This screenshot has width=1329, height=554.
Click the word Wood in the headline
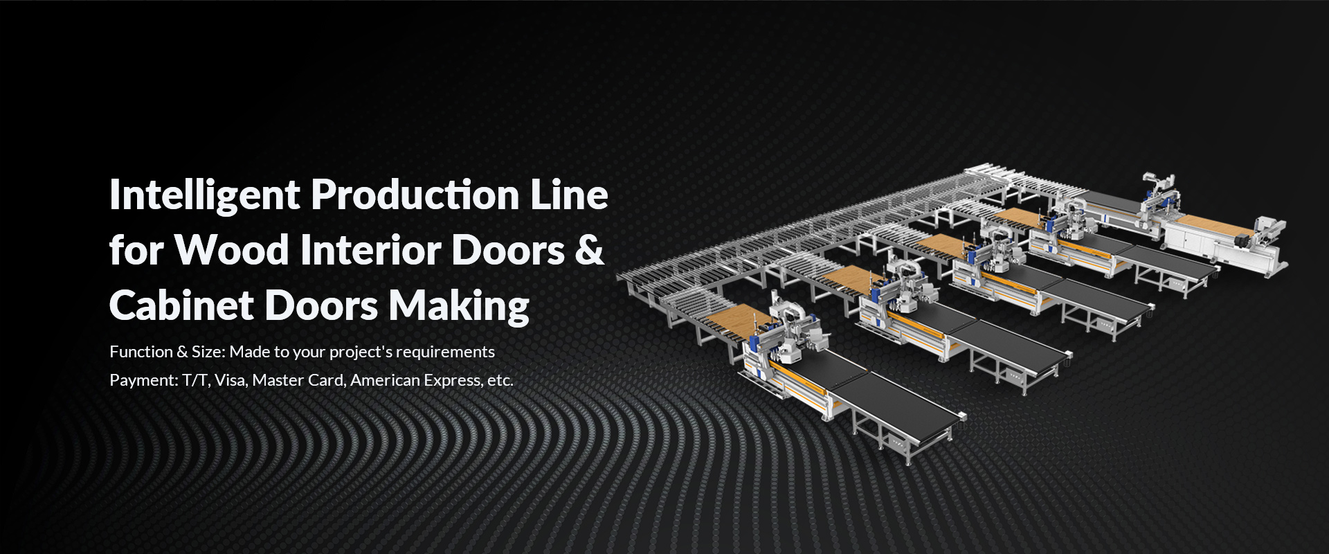(231, 250)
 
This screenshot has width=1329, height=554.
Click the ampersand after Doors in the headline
(589, 250)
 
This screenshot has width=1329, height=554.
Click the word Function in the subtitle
(141, 352)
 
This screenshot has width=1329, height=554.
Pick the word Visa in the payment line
(230, 380)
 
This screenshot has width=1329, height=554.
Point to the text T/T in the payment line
(196, 380)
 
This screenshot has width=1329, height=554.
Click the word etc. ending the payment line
(500, 380)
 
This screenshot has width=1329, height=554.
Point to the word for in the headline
(136, 250)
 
